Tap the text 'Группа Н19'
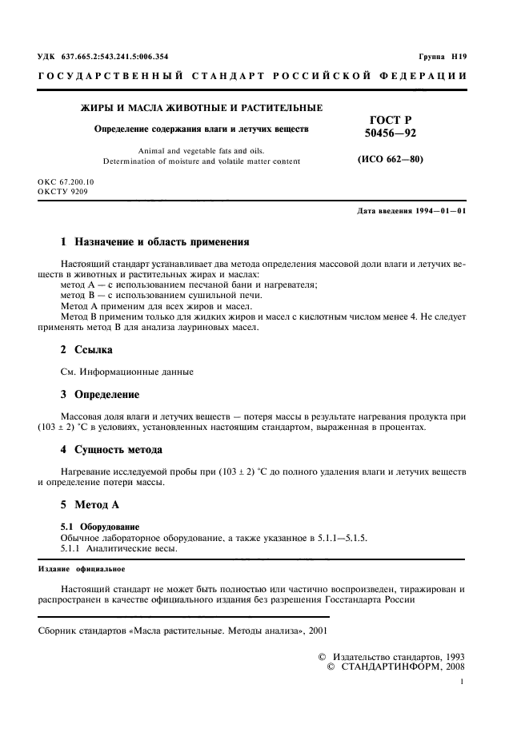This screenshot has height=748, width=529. point(442,57)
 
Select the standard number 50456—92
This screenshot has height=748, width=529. point(390,133)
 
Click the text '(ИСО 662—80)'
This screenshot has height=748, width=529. point(390,159)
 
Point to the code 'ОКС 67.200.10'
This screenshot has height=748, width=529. point(66,183)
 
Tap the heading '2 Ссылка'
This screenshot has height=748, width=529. point(87,350)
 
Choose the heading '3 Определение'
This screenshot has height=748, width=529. point(100,395)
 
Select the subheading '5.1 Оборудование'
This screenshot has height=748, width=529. point(101,527)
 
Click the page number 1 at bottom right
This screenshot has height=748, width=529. point(463,682)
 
